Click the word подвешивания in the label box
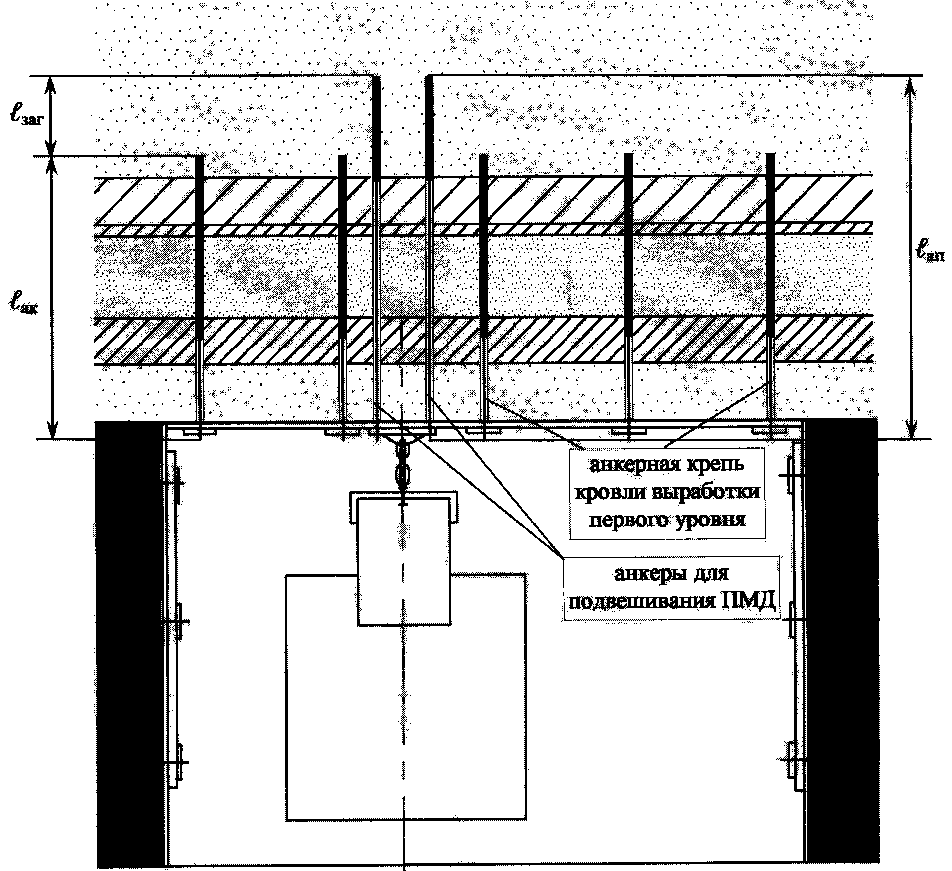[639, 603]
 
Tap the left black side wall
[130, 645]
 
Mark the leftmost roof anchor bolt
[199, 297]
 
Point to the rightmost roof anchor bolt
[771, 296]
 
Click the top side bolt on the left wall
[176, 483]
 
